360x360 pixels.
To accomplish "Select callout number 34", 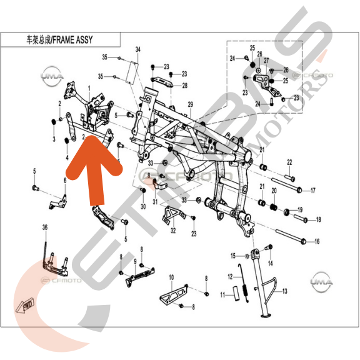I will pyautogui.click(x=138, y=49).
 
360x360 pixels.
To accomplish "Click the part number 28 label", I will pyautogui.click(x=185, y=86).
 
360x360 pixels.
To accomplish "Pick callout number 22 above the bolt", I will pyautogui.click(x=289, y=162).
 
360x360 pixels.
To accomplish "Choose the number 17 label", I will pyautogui.click(x=313, y=191).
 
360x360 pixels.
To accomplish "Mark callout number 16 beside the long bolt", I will pyautogui.click(x=317, y=241).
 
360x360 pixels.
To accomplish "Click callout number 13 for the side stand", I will pyautogui.click(x=284, y=292).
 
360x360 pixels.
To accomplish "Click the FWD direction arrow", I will pyautogui.click(x=28, y=305).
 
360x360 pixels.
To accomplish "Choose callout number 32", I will pyautogui.click(x=173, y=231).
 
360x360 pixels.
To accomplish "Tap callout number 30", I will pyautogui.click(x=143, y=207).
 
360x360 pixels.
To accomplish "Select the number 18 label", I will pyautogui.click(x=318, y=219).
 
